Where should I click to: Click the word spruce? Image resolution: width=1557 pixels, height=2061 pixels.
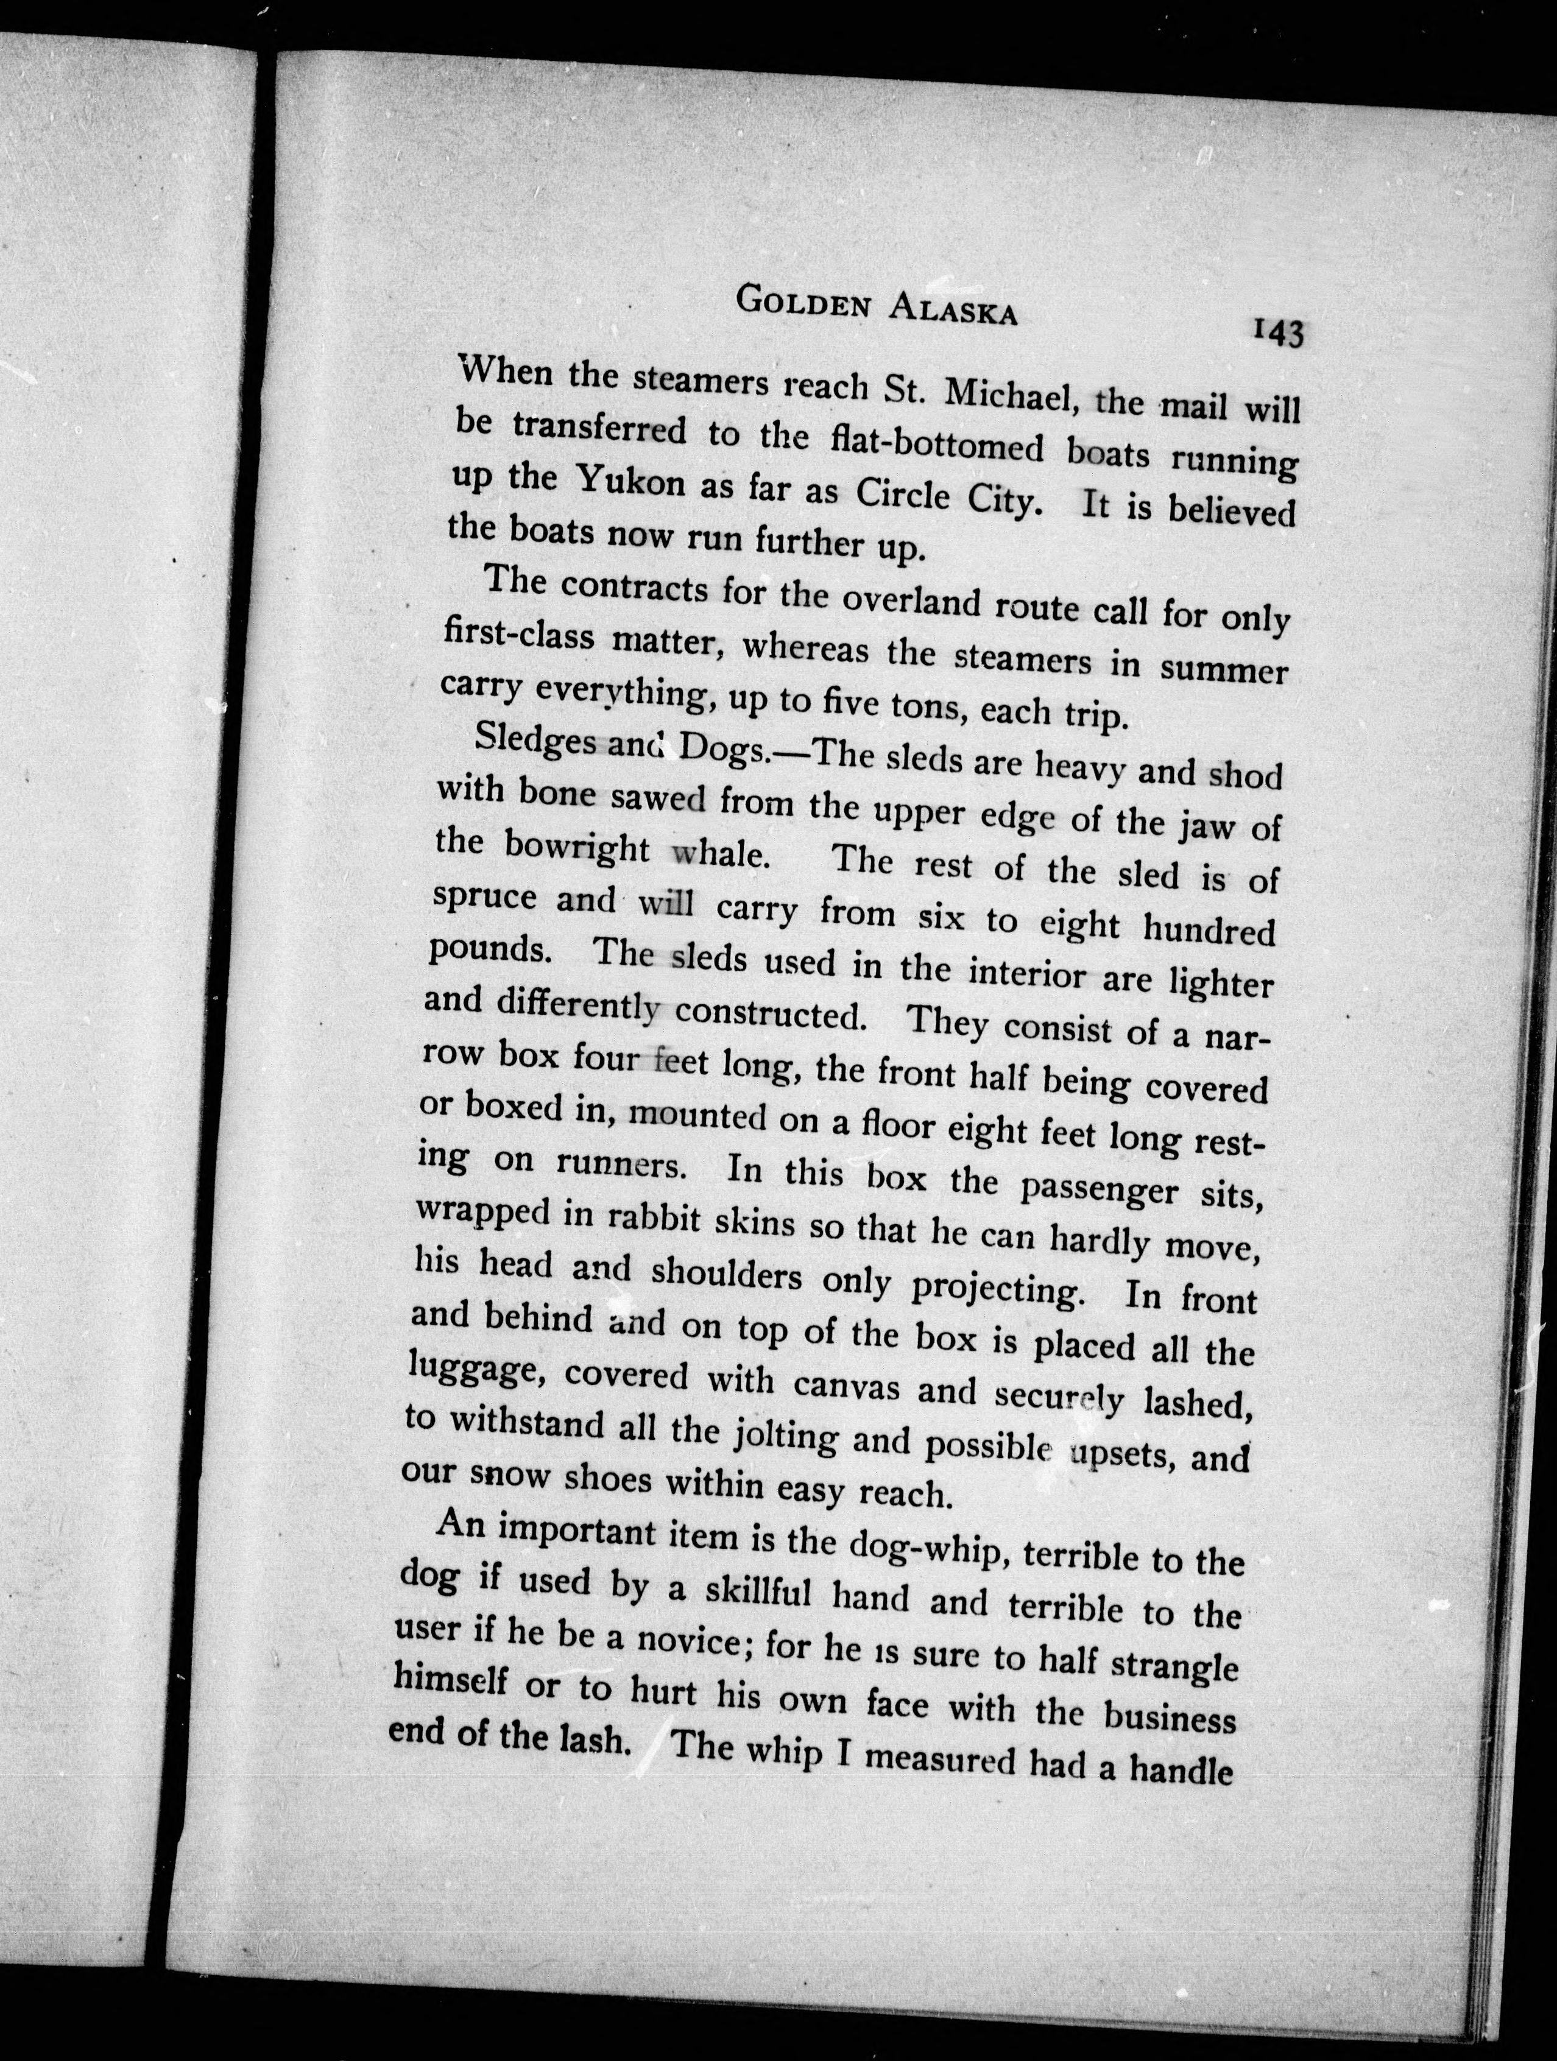pyautogui.click(x=484, y=898)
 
